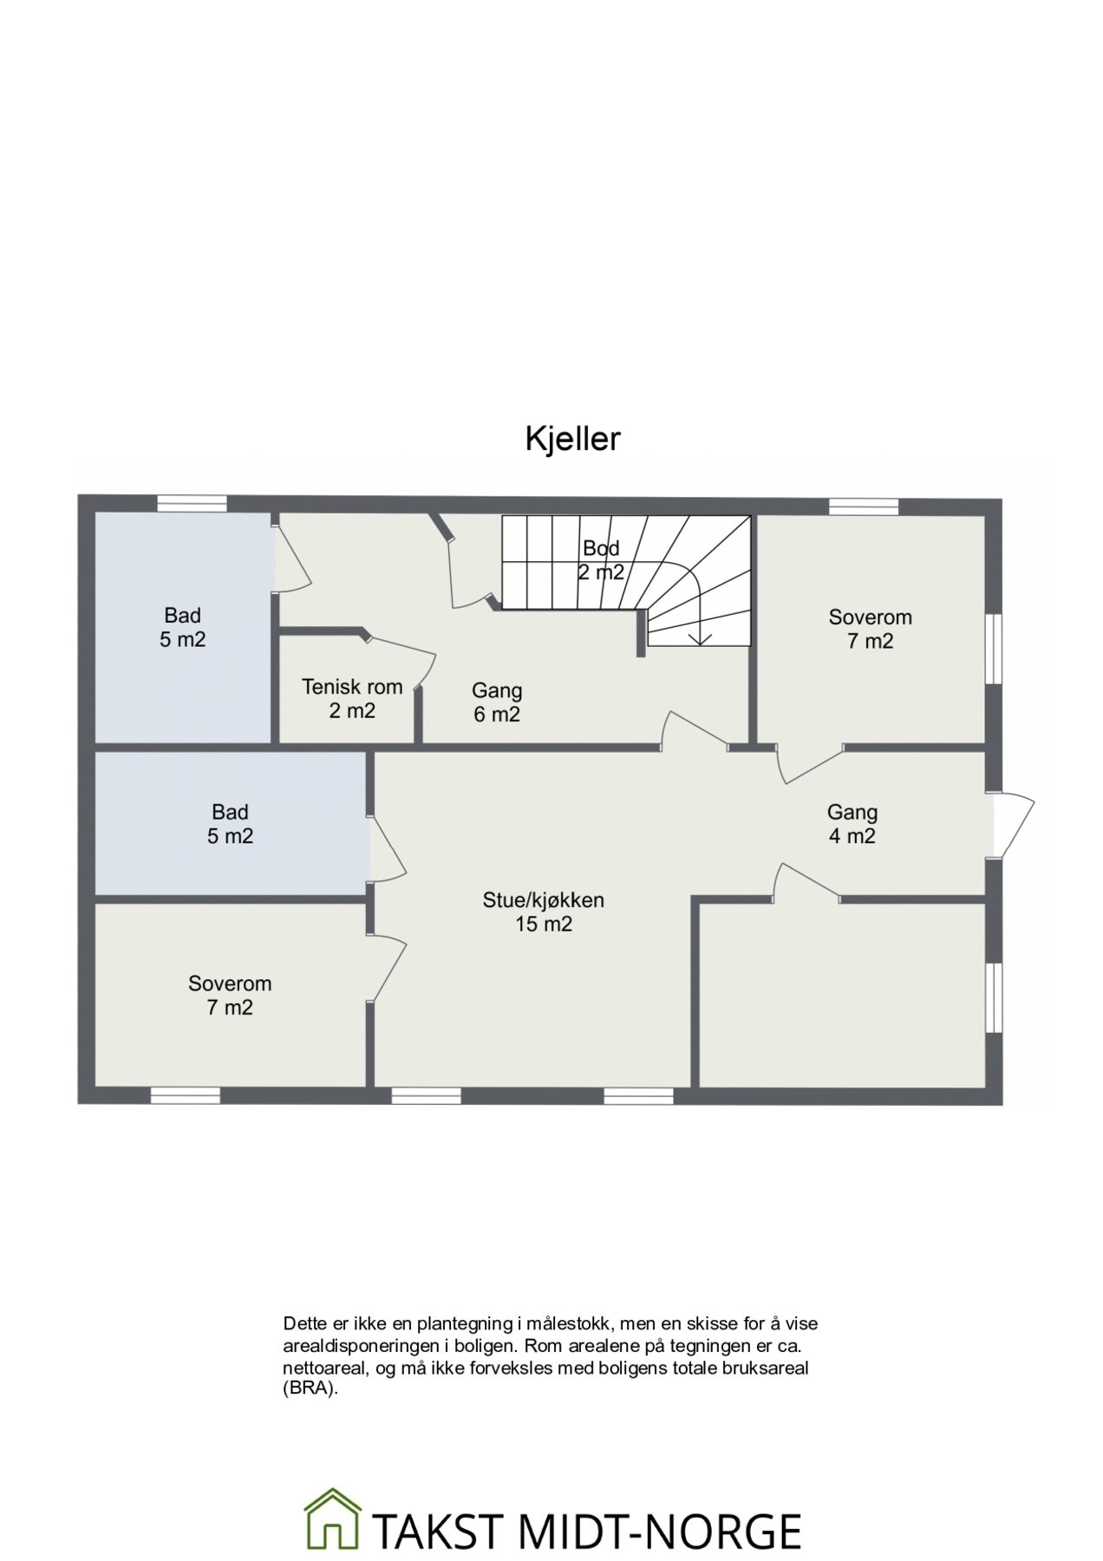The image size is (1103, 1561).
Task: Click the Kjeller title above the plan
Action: pyautogui.click(x=572, y=439)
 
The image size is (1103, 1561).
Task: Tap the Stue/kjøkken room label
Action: pyautogui.click(x=544, y=911)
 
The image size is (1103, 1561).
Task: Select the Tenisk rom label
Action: pyautogui.click(x=352, y=698)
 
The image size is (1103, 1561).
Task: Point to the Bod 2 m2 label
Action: pyautogui.click(x=601, y=559)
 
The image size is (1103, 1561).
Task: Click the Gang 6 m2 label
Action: pyautogui.click(x=497, y=702)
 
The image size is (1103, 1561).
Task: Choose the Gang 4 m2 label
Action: pyautogui.click(x=852, y=824)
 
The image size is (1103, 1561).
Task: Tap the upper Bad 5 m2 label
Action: pyautogui.click(x=182, y=628)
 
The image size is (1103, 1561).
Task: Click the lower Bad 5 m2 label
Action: pyautogui.click(x=230, y=824)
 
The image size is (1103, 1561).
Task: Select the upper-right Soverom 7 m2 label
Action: pyautogui.click(x=870, y=629)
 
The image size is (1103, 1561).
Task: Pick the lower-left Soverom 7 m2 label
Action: pyautogui.click(x=230, y=996)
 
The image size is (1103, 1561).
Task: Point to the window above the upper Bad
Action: pyautogui.click(x=192, y=502)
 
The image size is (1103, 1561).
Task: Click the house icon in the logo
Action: pyautogui.click(x=332, y=1464)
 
